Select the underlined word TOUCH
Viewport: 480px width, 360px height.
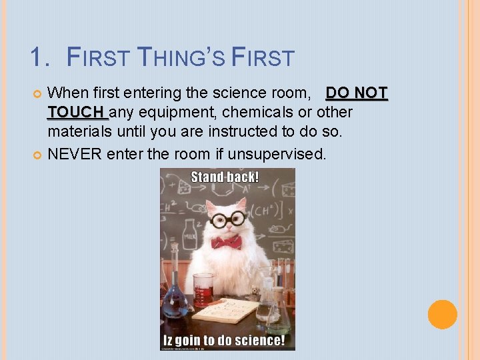click(x=75, y=111)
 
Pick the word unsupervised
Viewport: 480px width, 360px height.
click(x=277, y=155)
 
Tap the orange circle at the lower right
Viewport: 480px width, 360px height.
click(x=442, y=314)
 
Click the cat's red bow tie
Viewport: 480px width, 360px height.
click(x=226, y=241)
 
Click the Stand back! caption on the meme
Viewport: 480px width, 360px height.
click(x=225, y=177)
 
